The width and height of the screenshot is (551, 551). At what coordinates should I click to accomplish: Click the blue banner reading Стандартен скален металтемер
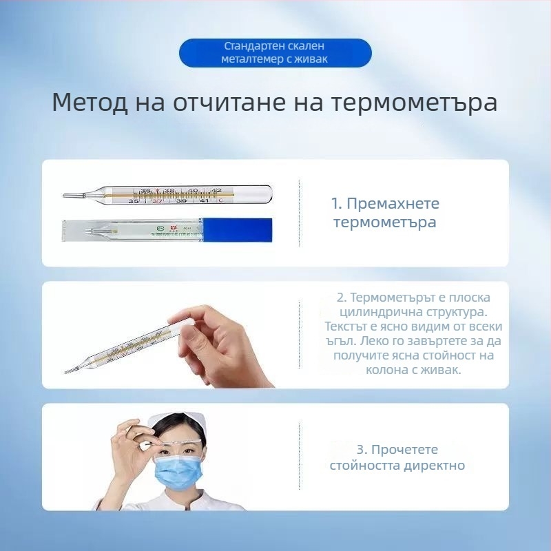(x=275, y=53)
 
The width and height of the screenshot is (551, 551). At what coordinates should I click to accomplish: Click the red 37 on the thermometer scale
(x=157, y=200)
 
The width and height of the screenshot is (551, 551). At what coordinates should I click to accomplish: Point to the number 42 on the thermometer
(x=216, y=190)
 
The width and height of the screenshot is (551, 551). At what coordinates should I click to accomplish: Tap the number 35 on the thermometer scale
(x=133, y=200)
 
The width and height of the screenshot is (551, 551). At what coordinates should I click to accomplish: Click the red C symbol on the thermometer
(x=220, y=201)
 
